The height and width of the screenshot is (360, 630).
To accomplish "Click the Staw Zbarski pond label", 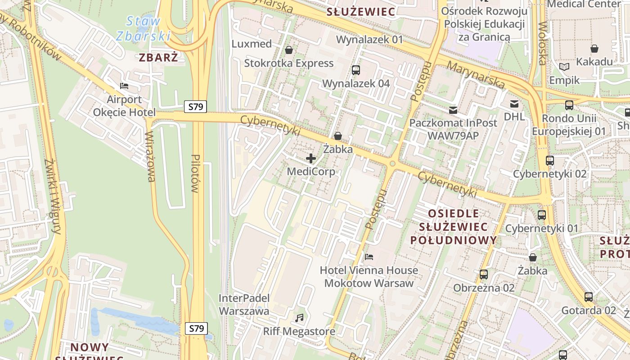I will pyautogui.click(x=143, y=28).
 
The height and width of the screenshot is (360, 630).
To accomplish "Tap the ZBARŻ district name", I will pyautogui.click(x=158, y=58).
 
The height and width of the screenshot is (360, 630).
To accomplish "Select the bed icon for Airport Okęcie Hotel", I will pyautogui.click(x=124, y=86).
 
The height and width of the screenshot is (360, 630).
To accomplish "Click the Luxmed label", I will pyautogui.click(x=252, y=44).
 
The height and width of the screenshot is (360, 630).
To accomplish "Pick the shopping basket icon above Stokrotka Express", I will pyautogui.click(x=289, y=50).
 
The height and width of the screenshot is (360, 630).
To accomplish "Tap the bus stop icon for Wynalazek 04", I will pyautogui.click(x=355, y=70).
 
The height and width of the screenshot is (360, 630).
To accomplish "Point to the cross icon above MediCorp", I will pyautogui.click(x=311, y=158).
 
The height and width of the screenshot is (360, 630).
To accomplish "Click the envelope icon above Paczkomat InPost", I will pyautogui.click(x=453, y=110).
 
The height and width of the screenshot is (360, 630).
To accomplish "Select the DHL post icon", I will pyautogui.click(x=514, y=104).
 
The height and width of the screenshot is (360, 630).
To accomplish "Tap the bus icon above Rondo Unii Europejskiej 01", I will pyautogui.click(x=569, y=105).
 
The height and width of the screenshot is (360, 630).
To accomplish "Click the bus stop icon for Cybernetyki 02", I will pyautogui.click(x=549, y=161).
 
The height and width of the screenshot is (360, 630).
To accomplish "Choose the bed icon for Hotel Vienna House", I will pyautogui.click(x=369, y=257).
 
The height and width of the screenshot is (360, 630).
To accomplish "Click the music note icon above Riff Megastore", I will pyautogui.click(x=299, y=318).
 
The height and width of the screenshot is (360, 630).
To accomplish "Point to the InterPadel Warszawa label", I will pyautogui.click(x=244, y=304).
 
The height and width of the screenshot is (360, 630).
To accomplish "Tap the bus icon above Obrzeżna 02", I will pyautogui.click(x=484, y=274).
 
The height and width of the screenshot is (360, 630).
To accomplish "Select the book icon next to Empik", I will pyautogui.click(x=564, y=67).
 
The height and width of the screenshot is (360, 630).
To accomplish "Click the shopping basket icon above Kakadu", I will pyautogui.click(x=594, y=49).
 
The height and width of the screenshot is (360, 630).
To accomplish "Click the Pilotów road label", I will pyautogui.click(x=195, y=173).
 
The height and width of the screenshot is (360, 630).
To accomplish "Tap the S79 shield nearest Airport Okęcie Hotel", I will pyautogui.click(x=195, y=107).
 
